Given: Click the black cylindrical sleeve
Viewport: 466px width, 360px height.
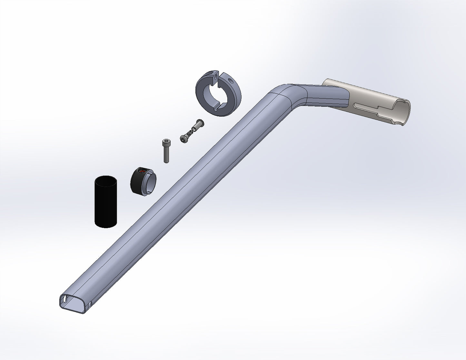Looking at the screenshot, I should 106,203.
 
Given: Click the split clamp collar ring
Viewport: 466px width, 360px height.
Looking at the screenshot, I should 219,93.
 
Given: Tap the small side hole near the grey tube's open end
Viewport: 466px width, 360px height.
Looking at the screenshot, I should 90,304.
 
